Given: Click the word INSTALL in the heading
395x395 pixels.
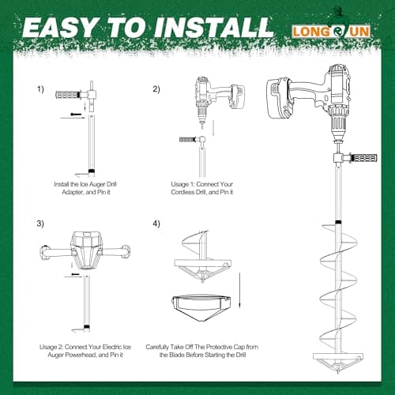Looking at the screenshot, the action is (x=214, y=27).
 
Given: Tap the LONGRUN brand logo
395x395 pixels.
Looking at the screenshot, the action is (x=331, y=32).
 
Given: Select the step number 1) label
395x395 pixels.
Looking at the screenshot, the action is (x=40, y=89).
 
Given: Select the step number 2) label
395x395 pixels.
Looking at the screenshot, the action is (x=156, y=89).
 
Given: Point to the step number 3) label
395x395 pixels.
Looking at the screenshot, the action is (x=40, y=224).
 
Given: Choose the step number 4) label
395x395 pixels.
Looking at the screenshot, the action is (x=156, y=224).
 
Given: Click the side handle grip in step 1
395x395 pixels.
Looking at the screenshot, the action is (x=67, y=94).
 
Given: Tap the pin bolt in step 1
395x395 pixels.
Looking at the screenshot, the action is (x=76, y=114).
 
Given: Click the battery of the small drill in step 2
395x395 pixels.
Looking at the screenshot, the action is (x=237, y=96).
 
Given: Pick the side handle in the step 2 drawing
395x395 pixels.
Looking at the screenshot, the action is (x=187, y=139).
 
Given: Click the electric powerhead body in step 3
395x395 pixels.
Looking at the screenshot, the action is (x=86, y=250).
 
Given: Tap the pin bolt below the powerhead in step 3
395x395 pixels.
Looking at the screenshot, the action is (x=75, y=274).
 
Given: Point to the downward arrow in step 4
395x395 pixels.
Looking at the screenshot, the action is (x=239, y=290).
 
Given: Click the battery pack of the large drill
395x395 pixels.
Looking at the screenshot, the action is (x=279, y=99).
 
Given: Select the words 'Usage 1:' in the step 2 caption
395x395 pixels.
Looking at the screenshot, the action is (x=182, y=184).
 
